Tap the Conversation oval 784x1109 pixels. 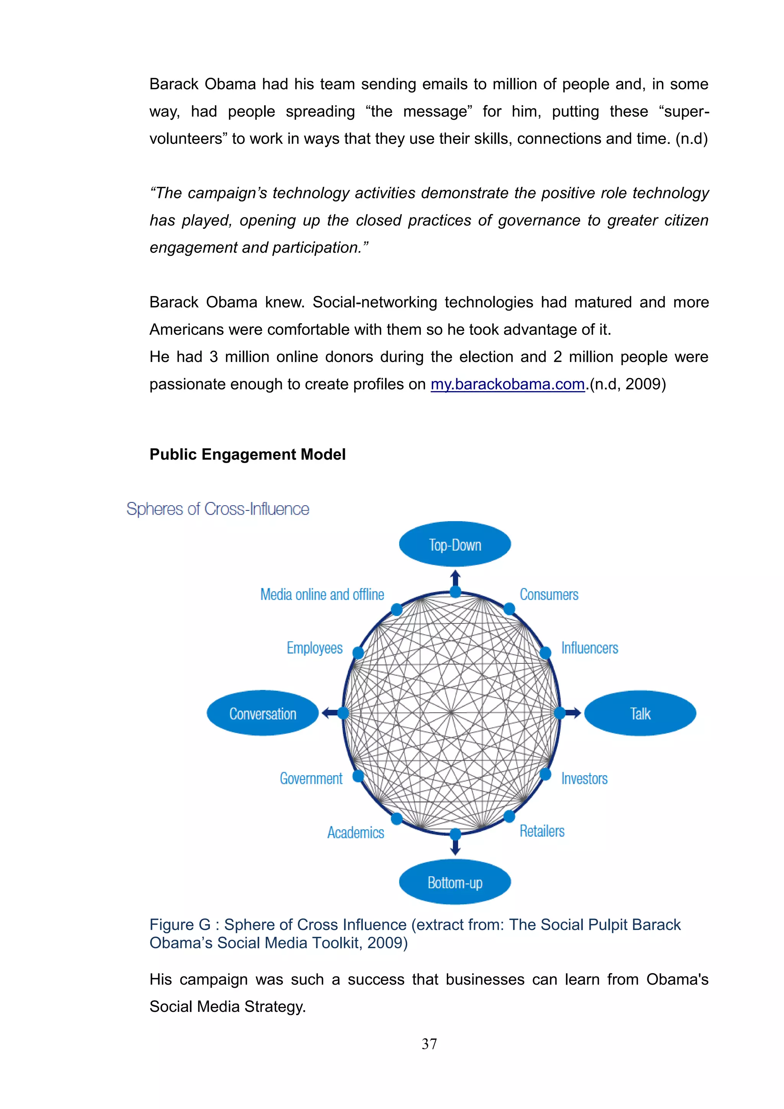tap(262, 713)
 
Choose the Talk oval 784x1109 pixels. tap(640, 713)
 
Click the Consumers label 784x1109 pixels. tap(549, 595)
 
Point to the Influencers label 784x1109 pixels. tap(589, 648)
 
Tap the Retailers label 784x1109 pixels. tap(542, 831)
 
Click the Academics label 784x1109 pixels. tap(356, 833)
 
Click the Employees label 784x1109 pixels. tap(314, 648)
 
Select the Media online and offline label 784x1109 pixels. tap(322, 595)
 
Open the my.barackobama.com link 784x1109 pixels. tap(507, 385)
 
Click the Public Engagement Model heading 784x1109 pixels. tap(247, 455)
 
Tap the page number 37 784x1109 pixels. tap(429, 1044)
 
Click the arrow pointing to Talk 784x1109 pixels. tap(573, 713)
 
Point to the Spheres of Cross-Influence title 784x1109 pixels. tap(217, 509)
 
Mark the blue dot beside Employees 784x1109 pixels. tap(358, 652)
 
